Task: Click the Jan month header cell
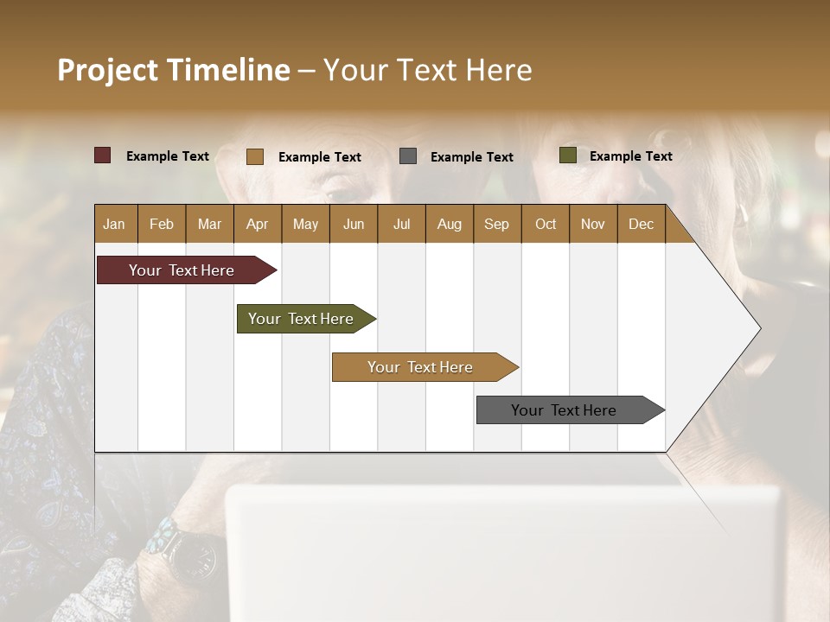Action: [115, 224]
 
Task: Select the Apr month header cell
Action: [257, 224]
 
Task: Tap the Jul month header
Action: [401, 224]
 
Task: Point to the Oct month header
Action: [545, 224]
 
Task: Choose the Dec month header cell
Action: [641, 224]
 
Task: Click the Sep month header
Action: [496, 224]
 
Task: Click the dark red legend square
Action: [102, 155]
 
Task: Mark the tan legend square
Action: [254, 156]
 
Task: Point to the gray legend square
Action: [408, 156]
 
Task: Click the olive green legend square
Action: [567, 155]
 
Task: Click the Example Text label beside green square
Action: [630, 156]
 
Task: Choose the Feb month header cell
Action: [162, 224]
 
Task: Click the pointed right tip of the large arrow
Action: [758, 328]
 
